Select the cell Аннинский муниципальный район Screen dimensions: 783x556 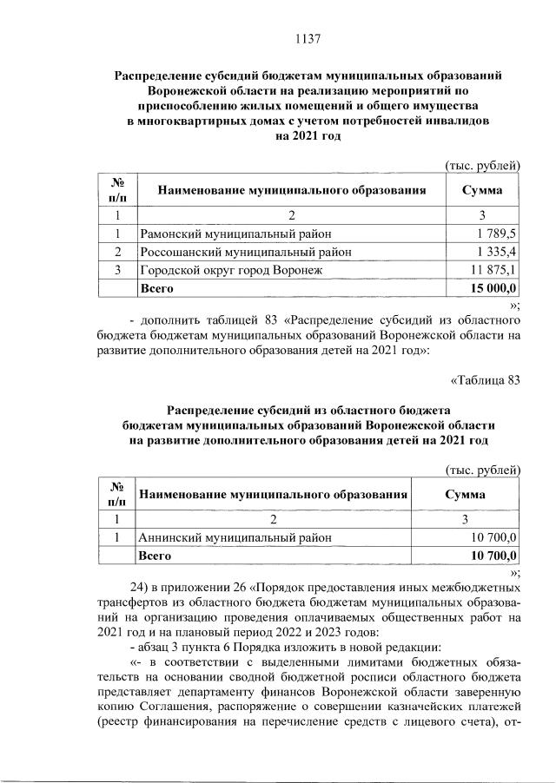pyautogui.click(x=235, y=538)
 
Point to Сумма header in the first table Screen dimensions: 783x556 pyautogui.click(x=482, y=188)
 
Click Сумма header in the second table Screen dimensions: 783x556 pyautogui.click(x=465, y=493)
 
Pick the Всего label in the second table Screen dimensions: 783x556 pyautogui.click(x=157, y=556)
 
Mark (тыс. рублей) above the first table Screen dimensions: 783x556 pyautogui.click(x=482, y=165)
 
